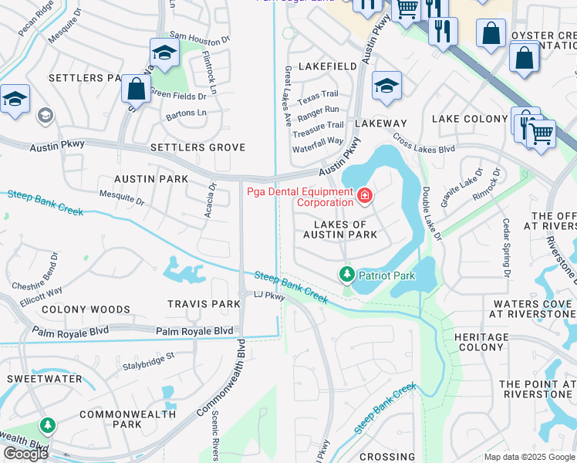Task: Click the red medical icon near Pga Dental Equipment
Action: [364, 197]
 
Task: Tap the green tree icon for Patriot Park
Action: [347, 275]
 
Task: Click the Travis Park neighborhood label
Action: [204, 304]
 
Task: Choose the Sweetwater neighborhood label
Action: [45, 379]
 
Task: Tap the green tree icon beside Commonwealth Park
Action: [48, 425]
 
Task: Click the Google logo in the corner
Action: [26, 454]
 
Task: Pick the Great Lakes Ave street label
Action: [288, 96]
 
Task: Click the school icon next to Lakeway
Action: [386, 86]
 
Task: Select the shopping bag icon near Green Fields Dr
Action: [137, 89]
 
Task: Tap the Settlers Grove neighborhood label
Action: [197, 147]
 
